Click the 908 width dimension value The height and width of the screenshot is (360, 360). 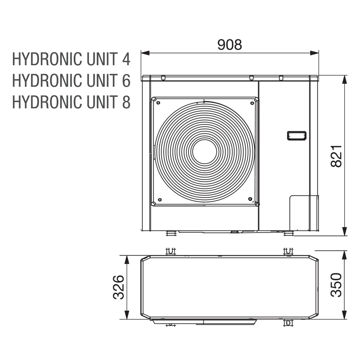[x=230, y=44]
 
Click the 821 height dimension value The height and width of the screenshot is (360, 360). [x=336, y=156]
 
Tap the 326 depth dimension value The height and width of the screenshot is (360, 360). [x=119, y=287]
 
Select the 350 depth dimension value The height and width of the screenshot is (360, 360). [x=336, y=285]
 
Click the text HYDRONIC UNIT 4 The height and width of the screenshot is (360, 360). [x=71, y=59]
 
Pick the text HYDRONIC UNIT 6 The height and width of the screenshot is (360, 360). [x=71, y=80]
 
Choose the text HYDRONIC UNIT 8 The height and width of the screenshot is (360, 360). [x=71, y=102]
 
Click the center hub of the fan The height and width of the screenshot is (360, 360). [x=205, y=151]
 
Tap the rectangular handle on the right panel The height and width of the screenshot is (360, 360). [x=296, y=136]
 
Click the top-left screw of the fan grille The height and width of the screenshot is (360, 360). [x=158, y=102]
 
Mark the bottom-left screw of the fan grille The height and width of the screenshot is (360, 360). [x=159, y=199]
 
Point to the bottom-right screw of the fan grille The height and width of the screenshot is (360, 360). [x=250, y=199]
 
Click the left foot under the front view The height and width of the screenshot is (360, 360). [x=171, y=233]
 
